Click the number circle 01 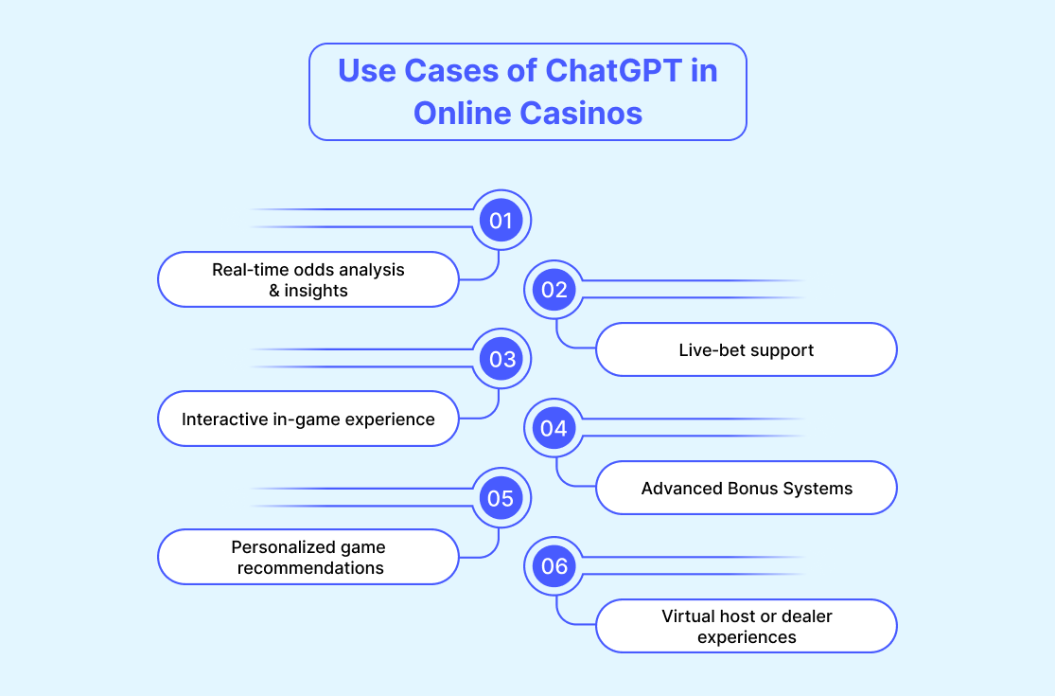click(501, 220)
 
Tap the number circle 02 click(554, 290)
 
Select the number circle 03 click(501, 359)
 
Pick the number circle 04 click(554, 428)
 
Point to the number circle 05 click(501, 498)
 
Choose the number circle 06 click(554, 566)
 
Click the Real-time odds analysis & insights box click(308, 279)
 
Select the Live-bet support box click(747, 349)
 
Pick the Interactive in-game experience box click(308, 419)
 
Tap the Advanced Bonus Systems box click(747, 488)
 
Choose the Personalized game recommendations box click(308, 557)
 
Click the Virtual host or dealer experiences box click(747, 626)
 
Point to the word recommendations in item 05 click(310, 568)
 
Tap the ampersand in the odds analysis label click(273, 291)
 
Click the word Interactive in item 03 click(225, 419)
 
